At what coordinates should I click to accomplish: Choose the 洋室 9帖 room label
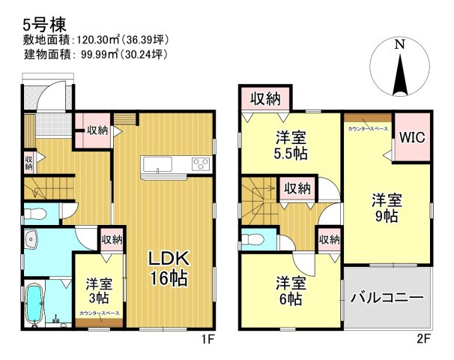point(387,208)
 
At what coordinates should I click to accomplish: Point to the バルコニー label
point(388,298)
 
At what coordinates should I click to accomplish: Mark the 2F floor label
point(425,338)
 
